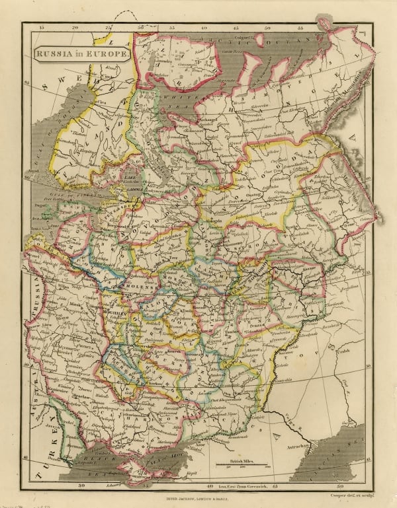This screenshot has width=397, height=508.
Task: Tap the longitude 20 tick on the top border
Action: tap(75, 28)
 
